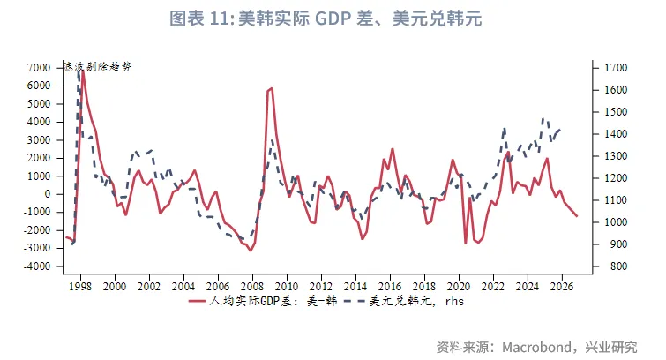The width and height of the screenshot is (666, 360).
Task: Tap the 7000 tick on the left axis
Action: pyautogui.click(x=39, y=68)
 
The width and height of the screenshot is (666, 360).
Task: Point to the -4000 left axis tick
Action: pyautogui.click(x=36, y=266)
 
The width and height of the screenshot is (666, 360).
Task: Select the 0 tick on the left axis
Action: pyautogui.click(x=48, y=194)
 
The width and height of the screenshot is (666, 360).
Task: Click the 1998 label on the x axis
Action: pyautogui.click(x=81, y=287)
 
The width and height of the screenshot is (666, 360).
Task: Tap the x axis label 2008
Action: pyautogui.click(x=252, y=287)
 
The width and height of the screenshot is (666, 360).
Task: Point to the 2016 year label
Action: pyautogui.click(x=389, y=287)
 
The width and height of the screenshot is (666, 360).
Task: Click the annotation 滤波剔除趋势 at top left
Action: pyautogui.click(x=98, y=68)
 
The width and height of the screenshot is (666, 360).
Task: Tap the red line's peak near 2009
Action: pyautogui.click(x=272, y=87)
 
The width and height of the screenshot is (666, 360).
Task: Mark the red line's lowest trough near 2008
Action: pyautogui.click(x=251, y=251)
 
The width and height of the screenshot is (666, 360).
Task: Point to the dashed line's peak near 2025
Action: pyautogui.click(x=544, y=117)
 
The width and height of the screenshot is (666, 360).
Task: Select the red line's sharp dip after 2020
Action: pyautogui.click(x=466, y=243)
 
